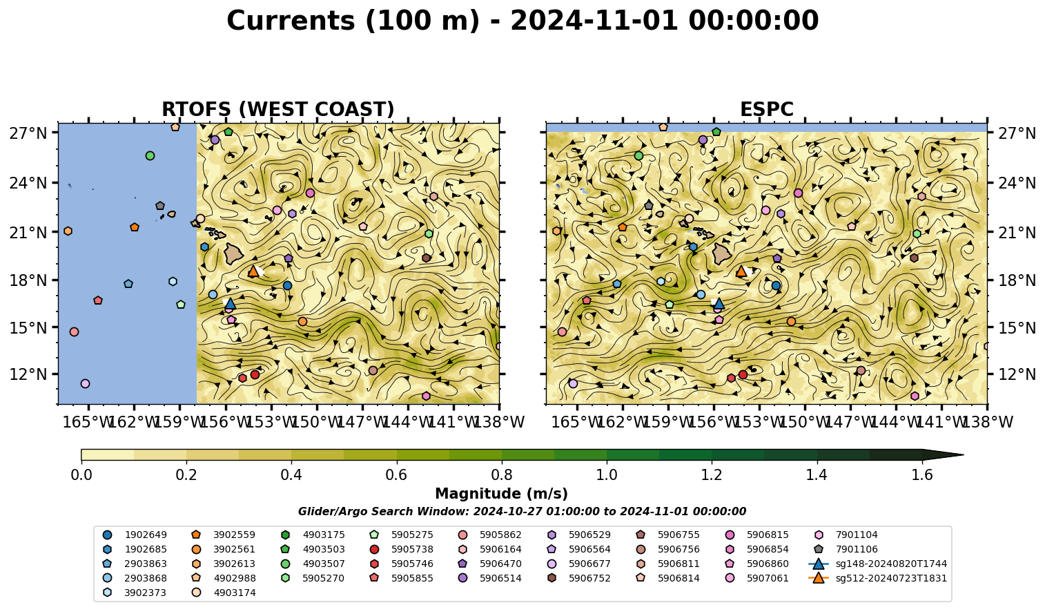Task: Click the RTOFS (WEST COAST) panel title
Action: [278, 109]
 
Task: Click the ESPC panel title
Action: [766, 109]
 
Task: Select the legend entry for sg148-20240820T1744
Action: [877, 564]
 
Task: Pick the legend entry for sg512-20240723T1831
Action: [877, 578]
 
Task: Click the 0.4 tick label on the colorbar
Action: [291, 475]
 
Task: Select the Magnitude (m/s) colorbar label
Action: [501, 494]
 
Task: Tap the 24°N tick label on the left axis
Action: [28, 182]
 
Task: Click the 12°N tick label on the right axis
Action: [1016, 374]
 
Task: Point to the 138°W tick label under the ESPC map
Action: [988, 422]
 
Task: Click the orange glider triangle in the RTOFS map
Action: [253, 271]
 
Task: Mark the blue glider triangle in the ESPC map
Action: [719, 304]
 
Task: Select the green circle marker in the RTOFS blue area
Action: [150, 155]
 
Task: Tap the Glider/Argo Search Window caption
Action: [522, 511]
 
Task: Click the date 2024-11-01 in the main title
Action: [594, 21]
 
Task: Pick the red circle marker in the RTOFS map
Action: [255, 374]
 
